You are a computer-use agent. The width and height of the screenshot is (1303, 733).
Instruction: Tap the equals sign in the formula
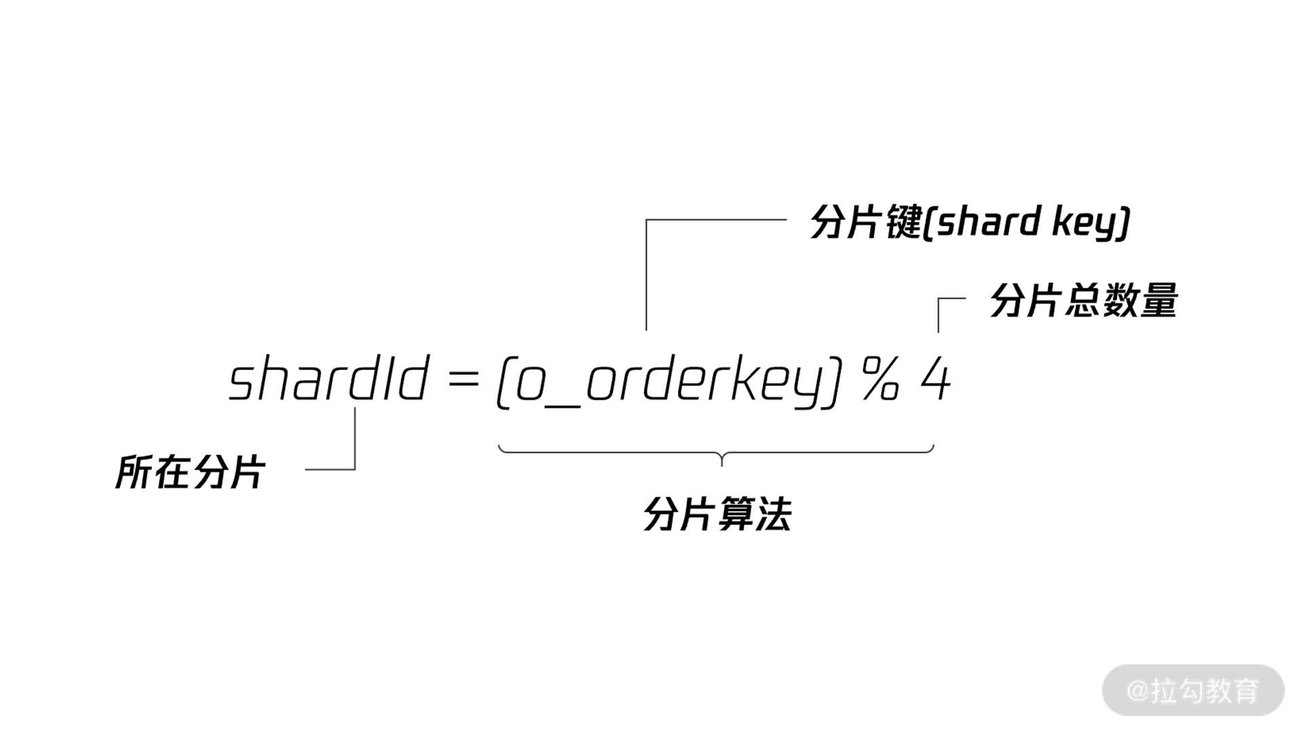pyautogui.click(x=464, y=381)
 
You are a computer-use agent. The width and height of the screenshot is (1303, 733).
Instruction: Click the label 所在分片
pyautogui.click(x=190, y=472)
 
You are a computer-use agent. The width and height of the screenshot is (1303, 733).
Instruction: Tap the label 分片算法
pyautogui.click(x=717, y=514)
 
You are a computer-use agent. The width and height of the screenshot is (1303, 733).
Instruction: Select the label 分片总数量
pyautogui.click(x=1083, y=300)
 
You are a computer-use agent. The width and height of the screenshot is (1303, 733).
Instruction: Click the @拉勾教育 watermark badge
pyautogui.click(x=1193, y=690)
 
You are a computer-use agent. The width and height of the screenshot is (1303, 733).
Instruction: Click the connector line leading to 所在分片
pyautogui.click(x=354, y=448)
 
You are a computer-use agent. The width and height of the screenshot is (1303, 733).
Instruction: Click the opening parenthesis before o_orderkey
pyautogui.click(x=503, y=383)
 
